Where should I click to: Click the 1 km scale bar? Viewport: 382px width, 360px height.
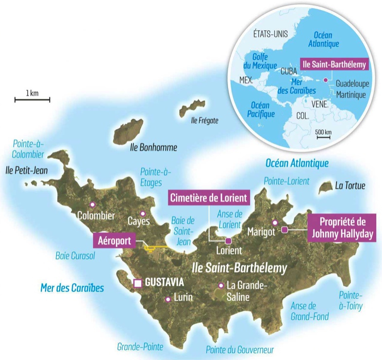[32, 100]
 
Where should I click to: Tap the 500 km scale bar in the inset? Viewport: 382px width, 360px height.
[323, 138]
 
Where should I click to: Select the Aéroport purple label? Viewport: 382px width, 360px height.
[115, 240]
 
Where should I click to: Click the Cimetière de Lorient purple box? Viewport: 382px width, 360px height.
[208, 198]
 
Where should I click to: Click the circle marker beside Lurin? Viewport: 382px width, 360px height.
[168, 299]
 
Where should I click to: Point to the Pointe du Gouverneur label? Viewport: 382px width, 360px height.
[240, 349]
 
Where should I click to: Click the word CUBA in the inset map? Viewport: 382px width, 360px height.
[289, 70]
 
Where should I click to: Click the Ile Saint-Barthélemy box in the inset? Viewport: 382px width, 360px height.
[334, 64]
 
